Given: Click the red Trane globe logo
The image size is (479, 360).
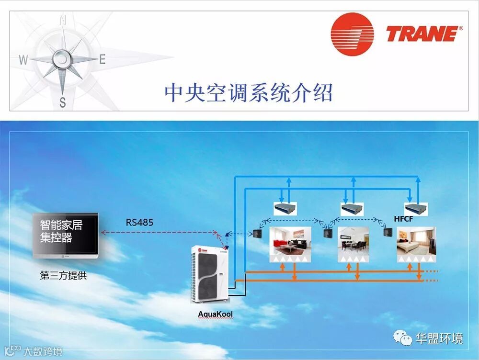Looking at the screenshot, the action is [352, 34].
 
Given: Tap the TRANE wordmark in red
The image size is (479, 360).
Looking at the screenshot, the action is [422, 34].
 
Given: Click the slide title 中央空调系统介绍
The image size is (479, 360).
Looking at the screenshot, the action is [248, 92].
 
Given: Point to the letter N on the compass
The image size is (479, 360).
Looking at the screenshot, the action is [62, 21].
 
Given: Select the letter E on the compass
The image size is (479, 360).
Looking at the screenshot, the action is [102, 60].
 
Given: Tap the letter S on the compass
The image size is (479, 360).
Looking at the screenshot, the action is [62, 101].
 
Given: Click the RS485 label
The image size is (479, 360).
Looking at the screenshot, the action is [140, 222].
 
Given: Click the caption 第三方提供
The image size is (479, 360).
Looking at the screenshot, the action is [63, 276].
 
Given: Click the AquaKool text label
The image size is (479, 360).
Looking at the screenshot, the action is [215, 314].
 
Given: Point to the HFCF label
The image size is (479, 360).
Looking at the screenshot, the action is [403, 219].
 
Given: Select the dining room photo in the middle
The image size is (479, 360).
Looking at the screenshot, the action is [353, 244].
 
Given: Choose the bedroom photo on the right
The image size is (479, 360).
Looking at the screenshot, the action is [416, 244].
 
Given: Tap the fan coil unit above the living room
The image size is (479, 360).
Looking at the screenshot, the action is [285, 208].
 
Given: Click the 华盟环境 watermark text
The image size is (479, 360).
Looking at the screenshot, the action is [439, 338].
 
